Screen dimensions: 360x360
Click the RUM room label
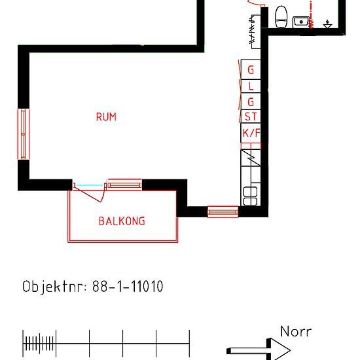106,117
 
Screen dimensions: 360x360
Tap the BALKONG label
122,221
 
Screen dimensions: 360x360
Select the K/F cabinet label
251,134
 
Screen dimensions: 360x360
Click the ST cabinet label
251,117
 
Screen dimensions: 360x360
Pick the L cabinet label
251,86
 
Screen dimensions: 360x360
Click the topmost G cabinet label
251,70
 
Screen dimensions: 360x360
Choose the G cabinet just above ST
251,101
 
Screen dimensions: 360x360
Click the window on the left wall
23,134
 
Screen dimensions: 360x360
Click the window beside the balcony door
124,185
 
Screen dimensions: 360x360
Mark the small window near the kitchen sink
223,211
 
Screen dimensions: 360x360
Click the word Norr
296,332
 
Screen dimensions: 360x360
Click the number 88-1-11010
128,287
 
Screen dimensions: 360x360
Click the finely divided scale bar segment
39,342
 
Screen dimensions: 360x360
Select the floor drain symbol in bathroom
328,24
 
